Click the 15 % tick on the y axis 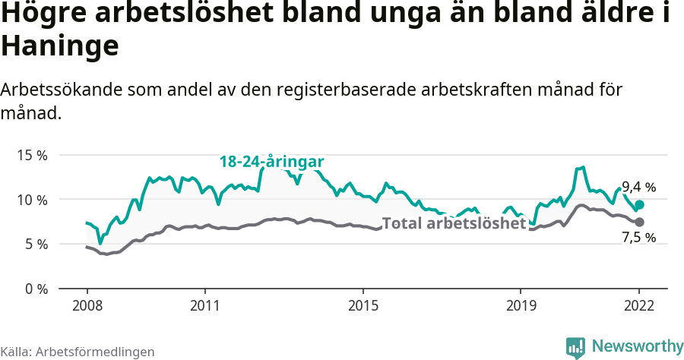tap(32, 155)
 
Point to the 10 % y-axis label tap(32, 200)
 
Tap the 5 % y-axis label tap(36, 244)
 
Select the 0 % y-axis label tap(36, 289)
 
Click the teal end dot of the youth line tap(640, 204)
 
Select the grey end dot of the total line tap(640, 222)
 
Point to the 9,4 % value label tap(638, 187)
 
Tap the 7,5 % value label tap(638, 238)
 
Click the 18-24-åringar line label tap(272, 162)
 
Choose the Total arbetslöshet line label tap(454, 223)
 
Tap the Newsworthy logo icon tap(575, 347)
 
